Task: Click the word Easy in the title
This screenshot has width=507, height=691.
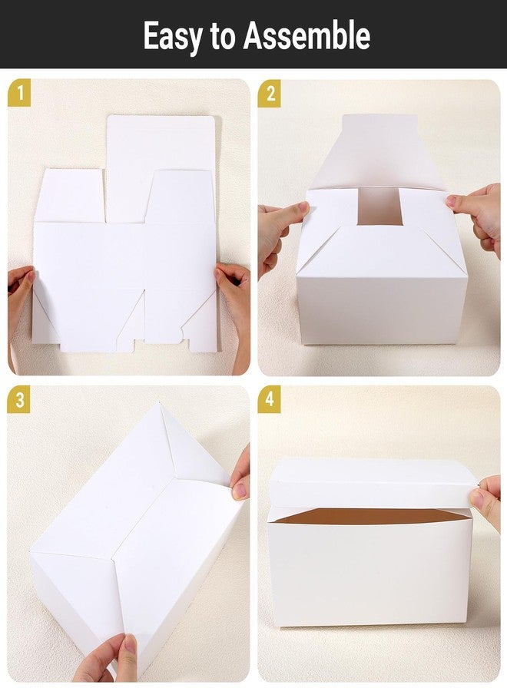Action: point(171,35)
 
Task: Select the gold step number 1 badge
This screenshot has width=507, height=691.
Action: point(19,94)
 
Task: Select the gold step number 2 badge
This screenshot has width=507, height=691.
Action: point(270,94)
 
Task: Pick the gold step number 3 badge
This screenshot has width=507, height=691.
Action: point(19,400)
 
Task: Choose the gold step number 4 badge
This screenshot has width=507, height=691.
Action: point(270,400)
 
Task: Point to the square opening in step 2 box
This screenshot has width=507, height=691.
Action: point(380,207)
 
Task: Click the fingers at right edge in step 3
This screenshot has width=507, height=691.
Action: point(241,476)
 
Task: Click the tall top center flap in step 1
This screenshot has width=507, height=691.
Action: point(160,165)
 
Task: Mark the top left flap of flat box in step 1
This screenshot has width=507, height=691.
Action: point(69,196)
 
